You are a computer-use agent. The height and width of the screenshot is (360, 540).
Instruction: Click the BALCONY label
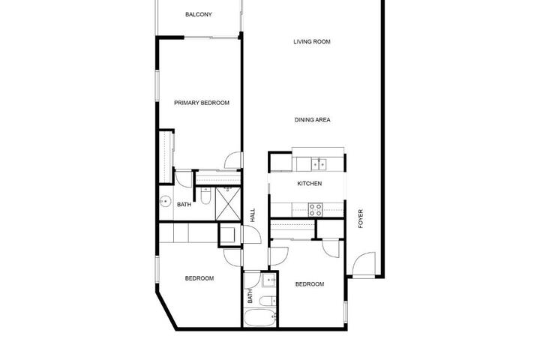pyautogui.click(x=198, y=14)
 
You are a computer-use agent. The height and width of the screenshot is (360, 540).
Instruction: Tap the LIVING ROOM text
pyautogui.click(x=312, y=42)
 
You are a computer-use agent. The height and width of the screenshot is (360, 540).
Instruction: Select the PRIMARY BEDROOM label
pyautogui.click(x=202, y=103)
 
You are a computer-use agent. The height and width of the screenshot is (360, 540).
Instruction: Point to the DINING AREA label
pyautogui.click(x=312, y=120)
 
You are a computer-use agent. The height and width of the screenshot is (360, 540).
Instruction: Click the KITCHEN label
pyautogui.click(x=310, y=184)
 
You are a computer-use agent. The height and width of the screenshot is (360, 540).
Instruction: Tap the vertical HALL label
pyautogui.click(x=253, y=215)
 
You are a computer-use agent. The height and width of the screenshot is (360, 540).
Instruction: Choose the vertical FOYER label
pyautogui.click(x=361, y=219)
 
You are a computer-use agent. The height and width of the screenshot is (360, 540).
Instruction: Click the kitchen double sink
pyautogui.click(x=319, y=164)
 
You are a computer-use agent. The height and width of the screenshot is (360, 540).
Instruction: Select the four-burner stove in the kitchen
pyautogui.click(x=315, y=209)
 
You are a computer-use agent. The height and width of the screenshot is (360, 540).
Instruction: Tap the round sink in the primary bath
pyautogui.click(x=166, y=201)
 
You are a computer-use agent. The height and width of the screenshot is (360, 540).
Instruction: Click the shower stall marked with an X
pyautogui.click(x=228, y=203)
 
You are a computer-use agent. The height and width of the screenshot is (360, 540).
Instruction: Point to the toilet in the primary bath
pyautogui.click(x=205, y=195)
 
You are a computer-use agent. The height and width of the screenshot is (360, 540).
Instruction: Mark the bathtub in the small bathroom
pyautogui.click(x=260, y=318)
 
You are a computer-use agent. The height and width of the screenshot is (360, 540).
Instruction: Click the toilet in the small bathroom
pyautogui.click(x=267, y=301)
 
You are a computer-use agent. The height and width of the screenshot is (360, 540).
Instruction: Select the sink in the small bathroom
pyautogui.click(x=269, y=281)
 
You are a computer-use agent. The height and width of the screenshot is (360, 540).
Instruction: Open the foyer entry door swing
pyautogui.click(x=364, y=265)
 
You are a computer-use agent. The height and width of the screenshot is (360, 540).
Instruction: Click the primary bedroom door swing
pyautogui.click(x=232, y=160)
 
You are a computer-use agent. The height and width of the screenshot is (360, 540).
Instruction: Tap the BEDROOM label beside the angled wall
pyautogui.click(x=199, y=278)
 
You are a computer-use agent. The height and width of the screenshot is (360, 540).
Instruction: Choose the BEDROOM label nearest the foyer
pyautogui.click(x=310, y=284)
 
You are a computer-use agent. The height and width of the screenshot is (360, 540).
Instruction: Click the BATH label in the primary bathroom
pyautogui.click(x=184, y=205)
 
